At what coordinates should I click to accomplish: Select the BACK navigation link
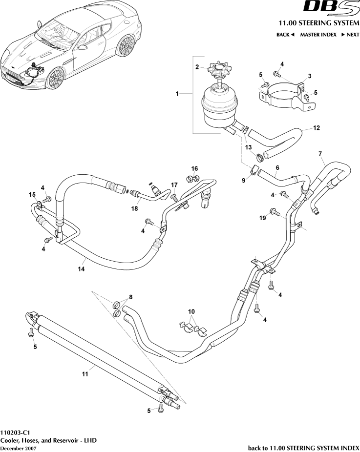point(286,35)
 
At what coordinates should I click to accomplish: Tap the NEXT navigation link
point(350,35)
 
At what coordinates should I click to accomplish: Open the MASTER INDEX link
point(318,35)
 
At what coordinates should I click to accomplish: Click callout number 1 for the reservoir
point(178,93)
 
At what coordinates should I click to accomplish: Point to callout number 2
point(197,67)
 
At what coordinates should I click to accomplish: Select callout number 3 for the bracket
point(309,77)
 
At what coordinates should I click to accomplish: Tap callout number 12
point(317,128)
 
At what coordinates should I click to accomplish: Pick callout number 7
point(320,154)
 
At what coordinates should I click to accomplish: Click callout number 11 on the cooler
point(85,374)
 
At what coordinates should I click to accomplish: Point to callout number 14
point(82,268)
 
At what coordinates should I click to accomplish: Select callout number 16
point(194,168)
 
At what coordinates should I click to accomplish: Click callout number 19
point(262,218)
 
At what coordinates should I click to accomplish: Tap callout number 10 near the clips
point(191,311)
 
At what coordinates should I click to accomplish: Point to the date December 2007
point(18,448)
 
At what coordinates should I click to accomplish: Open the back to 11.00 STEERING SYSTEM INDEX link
point(303,448)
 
